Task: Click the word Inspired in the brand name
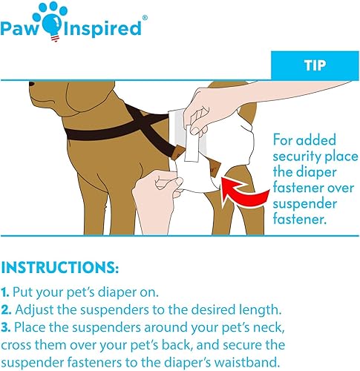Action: (x=101, y=29)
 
